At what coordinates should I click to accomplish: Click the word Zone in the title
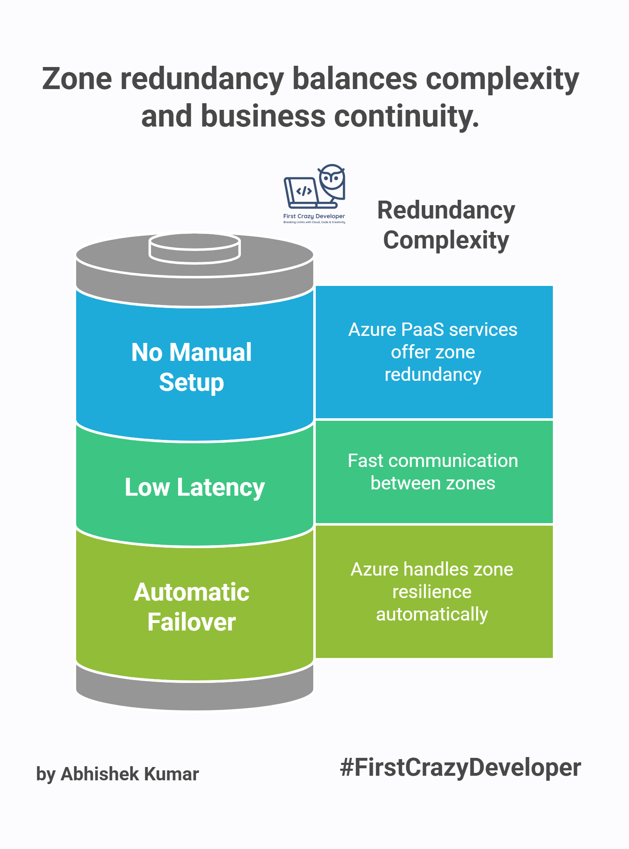coord(77,79)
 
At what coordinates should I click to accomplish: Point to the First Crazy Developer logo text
coord(314,216)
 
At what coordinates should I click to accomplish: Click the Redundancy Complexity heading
coord(446,225)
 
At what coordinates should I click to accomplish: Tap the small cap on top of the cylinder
coord(195,248)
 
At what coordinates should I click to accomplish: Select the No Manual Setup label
coord(191,367)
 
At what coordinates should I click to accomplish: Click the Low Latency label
coord(195,487)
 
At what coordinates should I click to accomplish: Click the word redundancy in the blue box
coord(433,375)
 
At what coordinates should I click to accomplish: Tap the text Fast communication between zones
coord(433,472)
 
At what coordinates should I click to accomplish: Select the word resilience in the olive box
coord(432,592)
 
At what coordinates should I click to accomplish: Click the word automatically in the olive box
coord(432,614)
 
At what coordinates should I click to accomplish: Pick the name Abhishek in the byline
coord(100,774)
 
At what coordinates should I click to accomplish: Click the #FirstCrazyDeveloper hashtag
coord(460,767)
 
